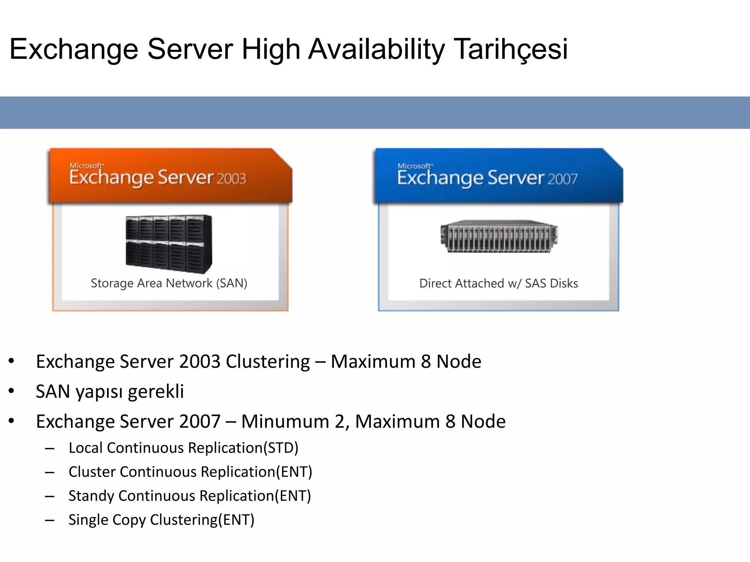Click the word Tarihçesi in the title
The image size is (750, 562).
point(511,49)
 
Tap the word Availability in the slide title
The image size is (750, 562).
point(376,49)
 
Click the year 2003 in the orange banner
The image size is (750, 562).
point(231,179)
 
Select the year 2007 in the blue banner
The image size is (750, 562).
point(562,179)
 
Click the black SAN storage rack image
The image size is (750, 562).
point(168,244)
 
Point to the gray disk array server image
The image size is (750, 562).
point(499,236)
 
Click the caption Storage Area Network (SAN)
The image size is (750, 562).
point(169,283)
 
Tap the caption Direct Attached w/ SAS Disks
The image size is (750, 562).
point(498,284)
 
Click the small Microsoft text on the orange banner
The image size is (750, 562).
point(87,166)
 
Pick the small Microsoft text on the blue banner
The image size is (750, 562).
point(415,166)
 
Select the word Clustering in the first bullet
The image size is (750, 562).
point(268,362)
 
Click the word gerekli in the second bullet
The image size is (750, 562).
point(156,392)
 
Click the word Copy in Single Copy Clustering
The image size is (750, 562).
point(128,520)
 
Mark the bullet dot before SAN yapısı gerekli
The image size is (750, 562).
point(11,391)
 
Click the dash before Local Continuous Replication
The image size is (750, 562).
point(50,449)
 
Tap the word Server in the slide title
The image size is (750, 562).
point(190,49)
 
